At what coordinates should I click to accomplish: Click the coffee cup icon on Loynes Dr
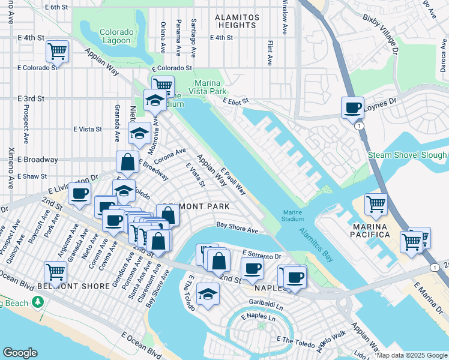point(352,108)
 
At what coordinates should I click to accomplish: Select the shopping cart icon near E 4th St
point(58,51)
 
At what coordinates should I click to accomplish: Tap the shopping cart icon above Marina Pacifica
point(376,204)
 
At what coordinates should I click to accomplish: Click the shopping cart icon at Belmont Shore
point(55,272)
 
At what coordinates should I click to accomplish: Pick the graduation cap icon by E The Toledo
point(208,294)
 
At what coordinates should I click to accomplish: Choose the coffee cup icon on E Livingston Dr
point(79,193)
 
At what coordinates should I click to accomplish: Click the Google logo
point(20,353)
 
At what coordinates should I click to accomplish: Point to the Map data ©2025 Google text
point(412,355)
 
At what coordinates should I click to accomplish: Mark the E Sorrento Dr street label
point(261,254)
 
